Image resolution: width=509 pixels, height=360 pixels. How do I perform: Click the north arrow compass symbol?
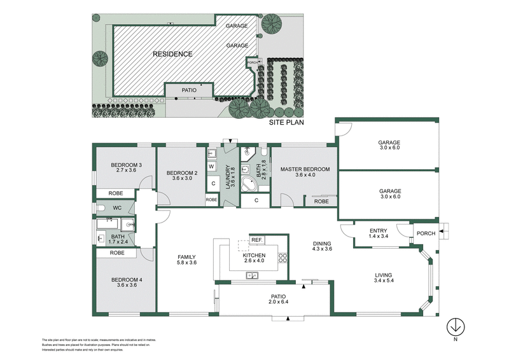coord(455,327)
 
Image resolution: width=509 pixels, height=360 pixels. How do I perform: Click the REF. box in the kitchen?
coord(257,240)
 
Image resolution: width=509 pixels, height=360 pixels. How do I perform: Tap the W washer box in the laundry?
coord(213,167)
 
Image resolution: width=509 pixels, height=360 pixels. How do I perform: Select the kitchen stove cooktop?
coord(282,258)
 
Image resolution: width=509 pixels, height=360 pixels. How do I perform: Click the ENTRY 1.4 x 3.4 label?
coord(379,233)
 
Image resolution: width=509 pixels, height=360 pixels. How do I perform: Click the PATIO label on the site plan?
coord(189,91)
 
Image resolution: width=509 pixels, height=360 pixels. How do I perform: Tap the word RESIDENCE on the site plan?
coord(172,54)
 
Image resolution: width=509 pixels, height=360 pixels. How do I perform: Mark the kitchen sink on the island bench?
coord(253,275)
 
